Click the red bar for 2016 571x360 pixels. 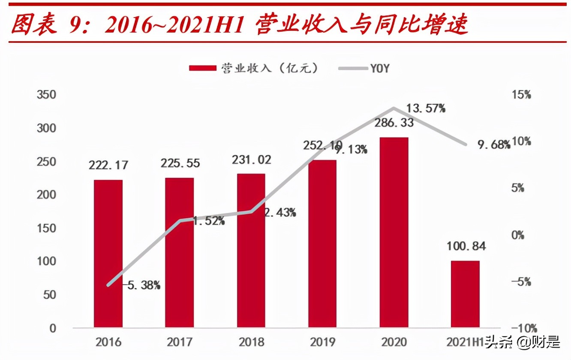pos(108,254)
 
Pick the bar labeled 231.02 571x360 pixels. pos(251,251)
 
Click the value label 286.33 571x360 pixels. pos(394,123)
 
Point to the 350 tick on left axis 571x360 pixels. pos(47,95)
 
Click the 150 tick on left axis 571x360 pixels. pos(47,228)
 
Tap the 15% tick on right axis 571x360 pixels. pos(521,95)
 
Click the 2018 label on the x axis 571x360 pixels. pos(251,342)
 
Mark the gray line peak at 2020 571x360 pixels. pos(394,108)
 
